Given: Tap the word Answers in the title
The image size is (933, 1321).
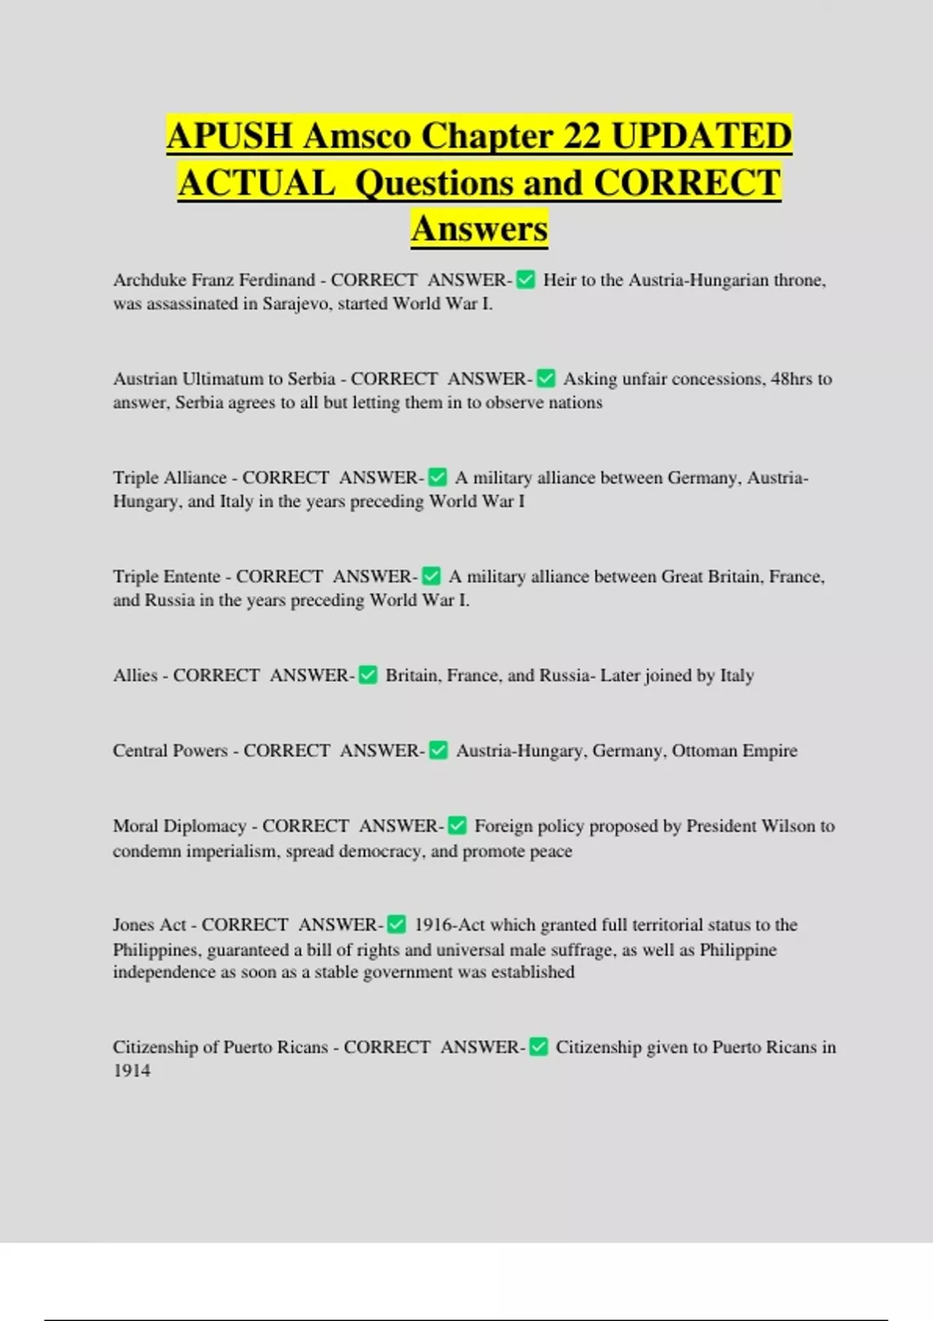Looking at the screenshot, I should pos(480,228).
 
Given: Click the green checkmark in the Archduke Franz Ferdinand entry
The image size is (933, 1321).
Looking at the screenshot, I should pos(526,280).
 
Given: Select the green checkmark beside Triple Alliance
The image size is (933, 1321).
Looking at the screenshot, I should pos(438,477).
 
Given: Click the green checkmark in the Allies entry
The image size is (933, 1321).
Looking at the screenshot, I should pos(369,675).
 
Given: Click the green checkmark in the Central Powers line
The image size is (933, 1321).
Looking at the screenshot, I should pos(439,751).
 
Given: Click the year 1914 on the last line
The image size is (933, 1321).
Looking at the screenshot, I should pos(131,1071).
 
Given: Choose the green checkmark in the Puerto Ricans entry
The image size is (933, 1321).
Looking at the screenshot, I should pos(538,1047).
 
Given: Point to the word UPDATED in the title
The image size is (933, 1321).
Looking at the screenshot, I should pos(701,137).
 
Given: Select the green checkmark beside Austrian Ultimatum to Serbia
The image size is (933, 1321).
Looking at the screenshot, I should pos(546,379).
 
